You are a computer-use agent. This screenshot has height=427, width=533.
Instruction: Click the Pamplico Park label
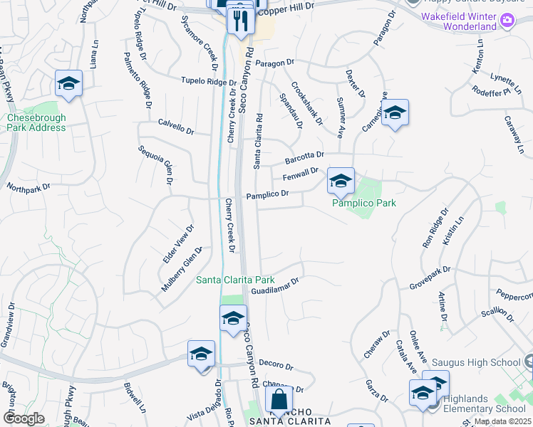tap(363, 204)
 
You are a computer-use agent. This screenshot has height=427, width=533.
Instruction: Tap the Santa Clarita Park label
tap(235, 280)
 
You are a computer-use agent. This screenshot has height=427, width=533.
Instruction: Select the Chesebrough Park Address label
tap(36, 122)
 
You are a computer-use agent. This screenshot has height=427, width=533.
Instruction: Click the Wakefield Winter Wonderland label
tap(468, 21)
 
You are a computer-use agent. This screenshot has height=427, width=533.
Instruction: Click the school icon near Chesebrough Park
tap(68, 83)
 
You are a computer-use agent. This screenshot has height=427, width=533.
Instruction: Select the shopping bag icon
tap(279, 399)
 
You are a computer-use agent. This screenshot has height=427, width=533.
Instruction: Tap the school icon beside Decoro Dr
tap(201, 354)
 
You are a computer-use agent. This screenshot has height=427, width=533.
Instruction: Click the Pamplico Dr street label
tap(267, 194)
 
